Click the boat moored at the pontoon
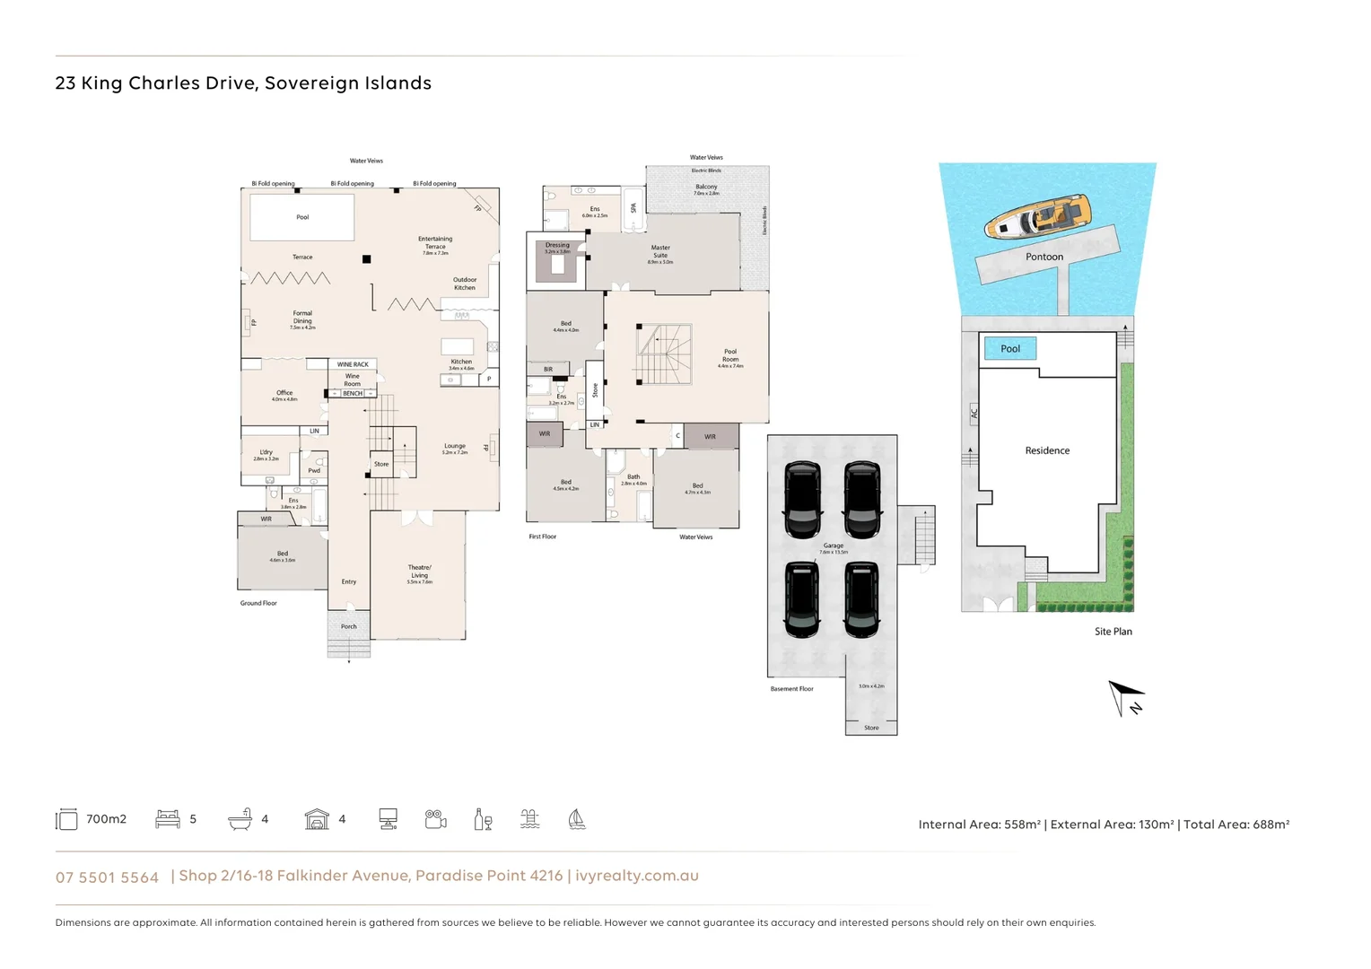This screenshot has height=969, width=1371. (1037, 217)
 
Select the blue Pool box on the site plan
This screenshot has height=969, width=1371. (1010, 348)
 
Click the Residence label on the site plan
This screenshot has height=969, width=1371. (1047, 450)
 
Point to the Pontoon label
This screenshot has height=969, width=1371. (1044, 257)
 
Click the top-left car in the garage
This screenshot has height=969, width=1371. (802, 498)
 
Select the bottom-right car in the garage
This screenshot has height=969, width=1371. (861, 599)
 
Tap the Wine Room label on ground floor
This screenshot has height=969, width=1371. (353, 380)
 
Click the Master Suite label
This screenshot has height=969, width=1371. (660, 252)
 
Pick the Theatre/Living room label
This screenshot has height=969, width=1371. (419, 572)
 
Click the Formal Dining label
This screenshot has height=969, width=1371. (302, 318)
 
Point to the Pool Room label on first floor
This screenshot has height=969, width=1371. (730, 356)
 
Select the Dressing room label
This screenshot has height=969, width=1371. (557, 246)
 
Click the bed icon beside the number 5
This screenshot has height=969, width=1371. (168, 819)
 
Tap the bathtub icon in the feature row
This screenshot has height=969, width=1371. (240, 819)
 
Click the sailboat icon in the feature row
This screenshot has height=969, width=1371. (577, 819)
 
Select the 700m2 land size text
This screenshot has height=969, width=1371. (106, 819)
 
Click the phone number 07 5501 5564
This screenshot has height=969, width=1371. (107, 877)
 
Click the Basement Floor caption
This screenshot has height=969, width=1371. (791, 689)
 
